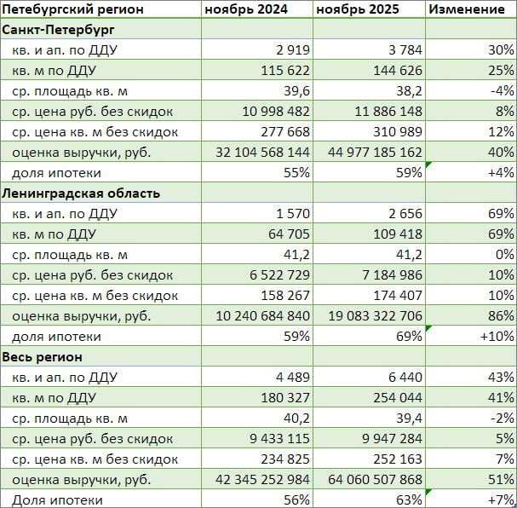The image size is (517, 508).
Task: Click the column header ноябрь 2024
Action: tap(245, 9)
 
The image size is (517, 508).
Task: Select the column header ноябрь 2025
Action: tap(357, 9)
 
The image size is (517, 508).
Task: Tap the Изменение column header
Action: tap(467, 9)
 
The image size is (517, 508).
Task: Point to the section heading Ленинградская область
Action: tap(81, 193)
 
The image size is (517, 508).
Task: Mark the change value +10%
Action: tap(495, 337)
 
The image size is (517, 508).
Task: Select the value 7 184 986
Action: tap(388, 275)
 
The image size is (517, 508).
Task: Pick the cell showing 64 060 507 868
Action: tap(371, 480)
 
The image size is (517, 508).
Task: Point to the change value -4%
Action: tap(502, 91)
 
